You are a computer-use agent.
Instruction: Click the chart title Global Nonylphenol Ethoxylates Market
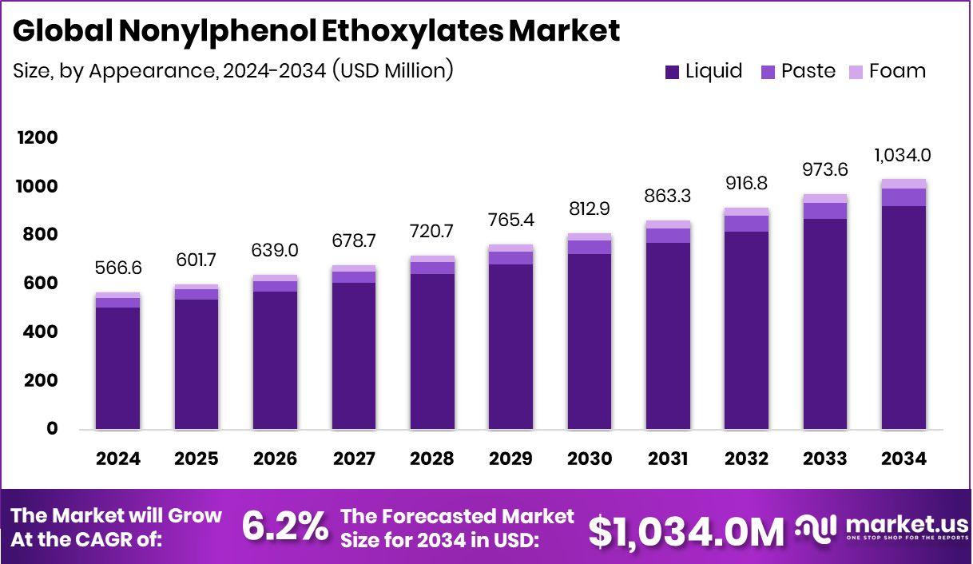click(316, 31)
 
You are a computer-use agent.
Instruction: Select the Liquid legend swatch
click(672, 72)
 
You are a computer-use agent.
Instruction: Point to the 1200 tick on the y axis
click(38, 137)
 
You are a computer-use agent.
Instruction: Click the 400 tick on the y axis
click(38, 332)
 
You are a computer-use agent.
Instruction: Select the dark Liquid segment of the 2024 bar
click(118, 367)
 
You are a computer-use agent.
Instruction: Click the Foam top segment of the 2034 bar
click(904, 184)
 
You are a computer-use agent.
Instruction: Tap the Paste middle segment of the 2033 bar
click(825, 210)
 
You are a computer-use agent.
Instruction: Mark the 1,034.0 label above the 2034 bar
click(904, 155)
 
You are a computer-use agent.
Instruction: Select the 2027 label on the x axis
click(354, 459)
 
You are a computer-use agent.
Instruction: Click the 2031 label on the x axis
click(668, 459)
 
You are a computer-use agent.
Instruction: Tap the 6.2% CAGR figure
click(284, 526)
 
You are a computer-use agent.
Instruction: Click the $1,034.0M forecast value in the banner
click(686, 530)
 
